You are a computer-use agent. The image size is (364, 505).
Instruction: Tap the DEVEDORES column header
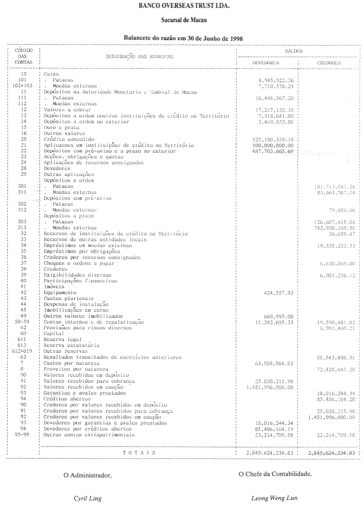tap(265, 63)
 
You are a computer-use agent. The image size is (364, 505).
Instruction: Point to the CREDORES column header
tap(329, 63)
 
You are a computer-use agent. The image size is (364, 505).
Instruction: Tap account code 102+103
tap(21, 86)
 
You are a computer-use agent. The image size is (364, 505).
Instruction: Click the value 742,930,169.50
tap(333, 227)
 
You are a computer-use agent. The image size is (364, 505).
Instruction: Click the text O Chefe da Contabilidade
tap(275, 474)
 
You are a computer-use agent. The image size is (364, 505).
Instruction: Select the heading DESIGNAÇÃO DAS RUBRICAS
tap(139, 57)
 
